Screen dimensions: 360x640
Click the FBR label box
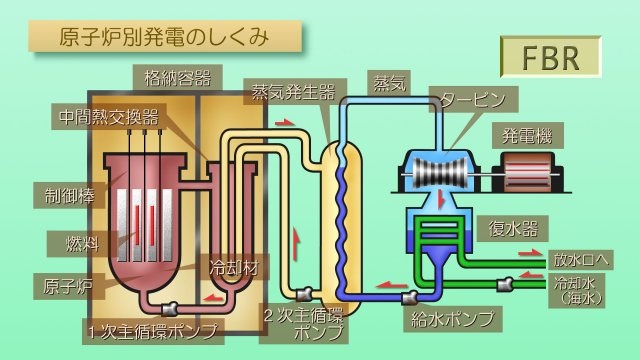pos(550,57)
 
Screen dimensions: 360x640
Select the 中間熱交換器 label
pos(107,115)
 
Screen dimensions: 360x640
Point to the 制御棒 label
pos(63,193)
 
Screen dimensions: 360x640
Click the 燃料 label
pos(64,242)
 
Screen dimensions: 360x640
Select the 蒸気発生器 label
pos(292,92)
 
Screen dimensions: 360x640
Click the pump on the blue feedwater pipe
pos(409,298)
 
